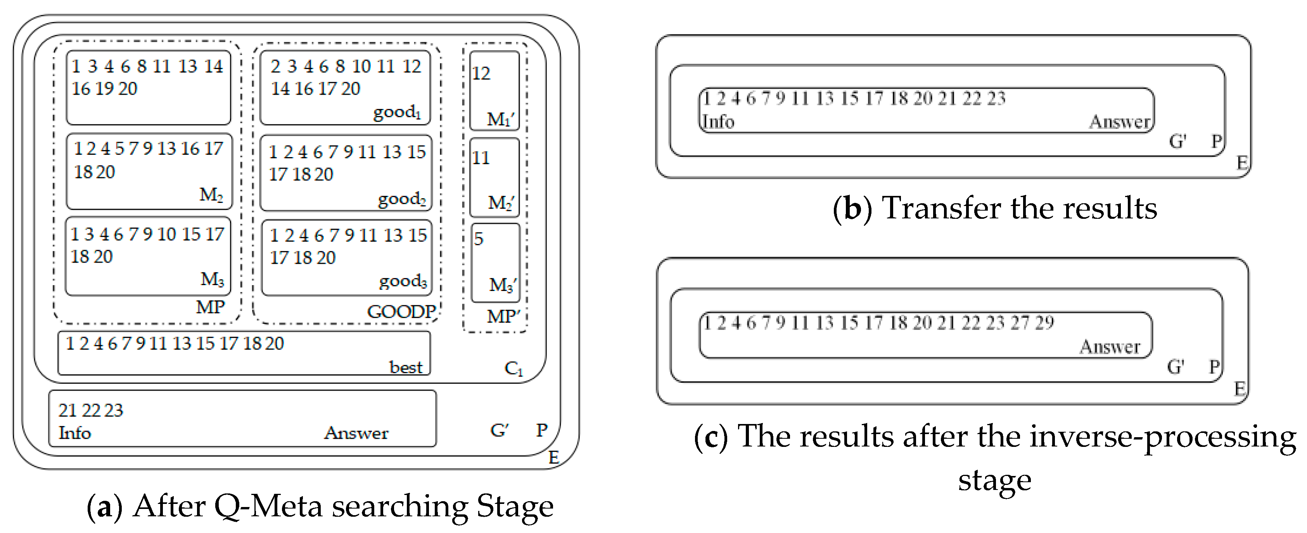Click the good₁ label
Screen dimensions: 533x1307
coord(397,112)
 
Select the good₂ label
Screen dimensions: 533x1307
coord(401,199)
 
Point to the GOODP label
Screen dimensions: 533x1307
coord(401,311)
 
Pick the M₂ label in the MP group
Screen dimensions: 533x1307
coord(211,194)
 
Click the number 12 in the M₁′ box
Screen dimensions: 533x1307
coord(481,74)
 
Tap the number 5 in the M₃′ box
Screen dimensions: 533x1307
coord(479,239)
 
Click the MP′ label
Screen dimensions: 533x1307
coord(503,316)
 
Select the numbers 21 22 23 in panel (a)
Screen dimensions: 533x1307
coord(90,410)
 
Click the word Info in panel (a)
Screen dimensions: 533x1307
coord(74,433)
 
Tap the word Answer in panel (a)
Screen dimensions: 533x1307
coord(356,433)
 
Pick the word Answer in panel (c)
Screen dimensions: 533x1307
coord(1110,347)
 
